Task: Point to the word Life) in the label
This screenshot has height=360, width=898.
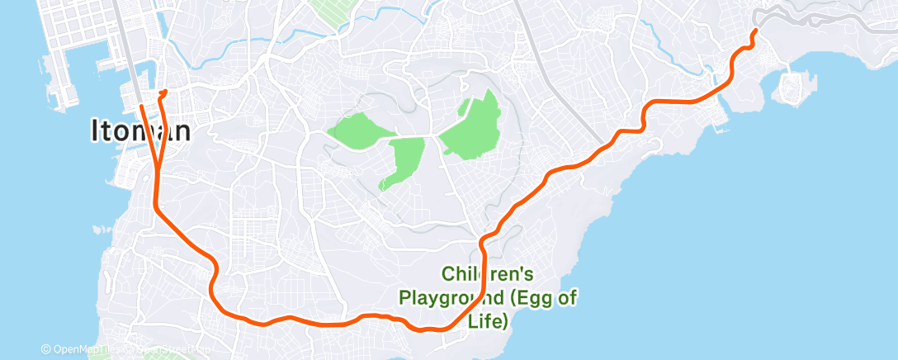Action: (x=487, y=320)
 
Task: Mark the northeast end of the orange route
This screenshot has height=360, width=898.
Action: (x=755, y=31)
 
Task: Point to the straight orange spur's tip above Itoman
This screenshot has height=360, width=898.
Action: (x=141, y=106)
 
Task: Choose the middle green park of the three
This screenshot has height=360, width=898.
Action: (x=404, y=161)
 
